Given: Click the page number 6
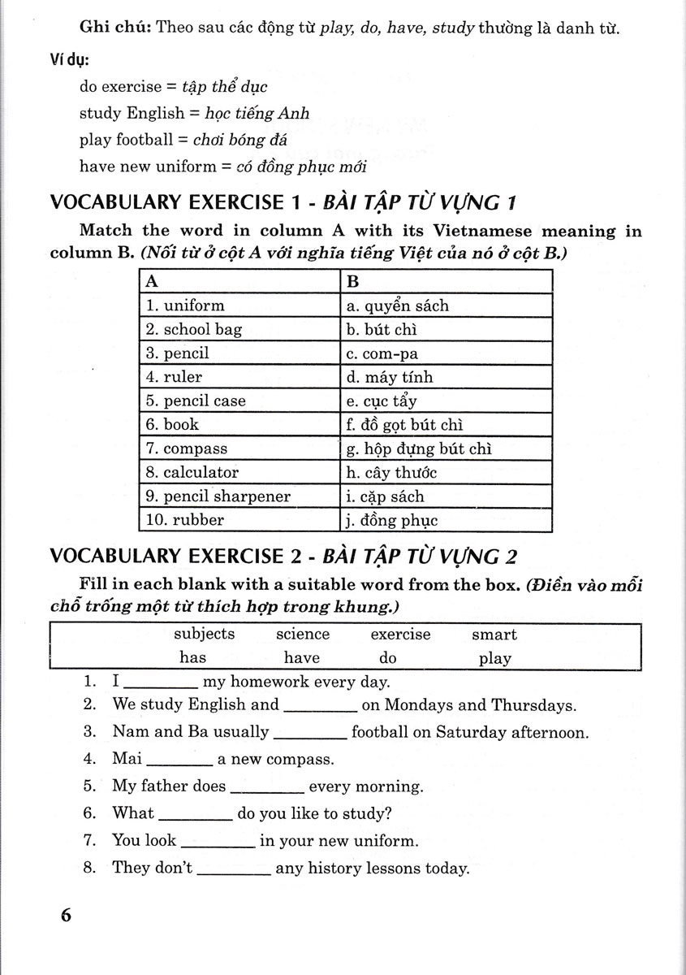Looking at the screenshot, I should [66, 915].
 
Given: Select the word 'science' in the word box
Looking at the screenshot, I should [303, 635].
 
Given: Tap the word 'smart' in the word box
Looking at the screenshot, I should [494, 635].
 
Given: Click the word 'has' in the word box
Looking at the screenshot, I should [193, 658].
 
